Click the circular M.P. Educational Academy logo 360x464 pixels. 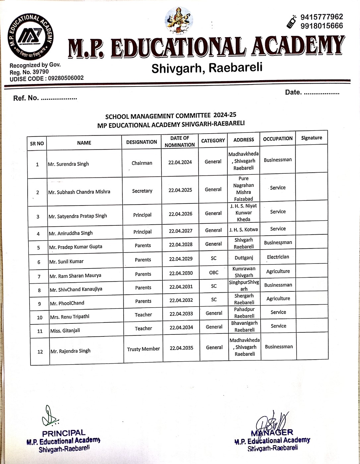(x=30, y=36)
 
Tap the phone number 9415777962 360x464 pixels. (x=322, y=17)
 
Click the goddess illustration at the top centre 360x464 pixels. (x=179, y=20)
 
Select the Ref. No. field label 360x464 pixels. (x=26, y=98)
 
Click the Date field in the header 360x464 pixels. (x=312, y=92)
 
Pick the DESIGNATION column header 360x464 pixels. (x=142, y=142)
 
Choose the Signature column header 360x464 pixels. (x=311, y=138)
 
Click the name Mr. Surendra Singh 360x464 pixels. (x=68, y=164)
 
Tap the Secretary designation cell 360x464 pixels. (x=142, y=191)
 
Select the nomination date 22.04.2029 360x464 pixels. (x=181, y=259)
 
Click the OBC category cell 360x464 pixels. (x=214, y=272)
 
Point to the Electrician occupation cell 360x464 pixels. (x=278, y=257)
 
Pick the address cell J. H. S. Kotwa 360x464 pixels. (x=243, y=229)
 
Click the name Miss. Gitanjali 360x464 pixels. (x=65, y=330)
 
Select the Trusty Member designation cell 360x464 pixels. (x=143, y=349)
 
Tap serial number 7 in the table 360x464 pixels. (x=39, y=276)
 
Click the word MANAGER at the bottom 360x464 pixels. (x=272, y=433)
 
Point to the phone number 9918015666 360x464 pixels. (x=322, y=26)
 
